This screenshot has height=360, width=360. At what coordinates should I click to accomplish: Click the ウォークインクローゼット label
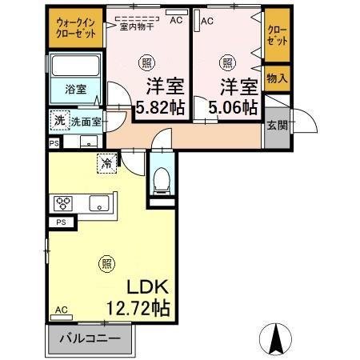[76, 31]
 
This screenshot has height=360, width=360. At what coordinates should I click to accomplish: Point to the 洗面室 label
[86, 122]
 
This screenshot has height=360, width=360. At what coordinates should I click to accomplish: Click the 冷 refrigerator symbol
[107, 162]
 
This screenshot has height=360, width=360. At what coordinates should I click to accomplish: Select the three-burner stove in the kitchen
[63, 202]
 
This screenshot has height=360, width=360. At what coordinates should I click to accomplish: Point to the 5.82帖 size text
[160, 106]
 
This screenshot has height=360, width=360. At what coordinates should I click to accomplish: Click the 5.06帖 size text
[233, 106]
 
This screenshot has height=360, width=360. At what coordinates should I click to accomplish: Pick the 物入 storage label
[277, 78]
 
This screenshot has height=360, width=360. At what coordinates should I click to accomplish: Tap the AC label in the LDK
[61, 310]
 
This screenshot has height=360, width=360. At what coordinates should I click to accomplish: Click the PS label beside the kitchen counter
[61, 222]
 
